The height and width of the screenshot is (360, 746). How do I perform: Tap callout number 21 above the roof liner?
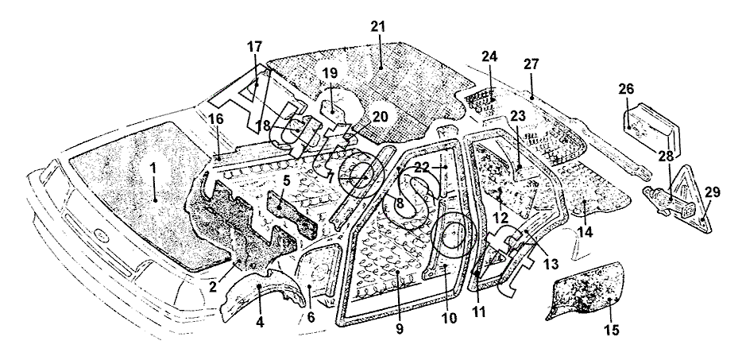(x=377, y=26)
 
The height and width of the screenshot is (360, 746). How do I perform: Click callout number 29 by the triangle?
(x=713, y=193)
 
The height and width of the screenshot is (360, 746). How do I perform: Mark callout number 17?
(x=255, y=47)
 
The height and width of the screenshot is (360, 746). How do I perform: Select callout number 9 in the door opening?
(x=400, y=328)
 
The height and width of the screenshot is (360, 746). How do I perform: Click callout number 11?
(x=478, y=312)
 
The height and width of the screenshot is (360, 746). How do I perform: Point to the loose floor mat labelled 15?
(x=585, y=293)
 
